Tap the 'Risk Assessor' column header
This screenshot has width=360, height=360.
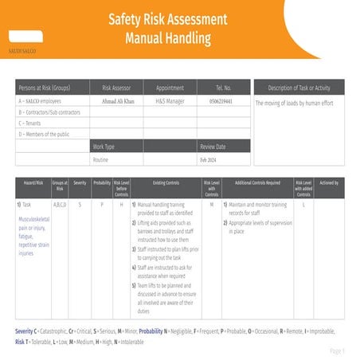pyautogui.click(x=118, y=88)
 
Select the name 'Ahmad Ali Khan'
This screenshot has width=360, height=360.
pyautogui.click(x=118, y=102)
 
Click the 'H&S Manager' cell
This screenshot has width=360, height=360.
pyautogui.click(x=170, y=102)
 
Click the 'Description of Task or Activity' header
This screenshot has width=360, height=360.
pyautogui.click(x=299, y=88)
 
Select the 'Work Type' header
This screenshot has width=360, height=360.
pyautogui.click(x=104, y=147)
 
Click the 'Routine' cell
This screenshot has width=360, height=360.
pyautogui.click(x=100, y=159)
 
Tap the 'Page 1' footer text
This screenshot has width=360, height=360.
pyautogui.click(x=337, y=350)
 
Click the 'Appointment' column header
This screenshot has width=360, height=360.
pyautogui.click(x=170, y=88)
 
